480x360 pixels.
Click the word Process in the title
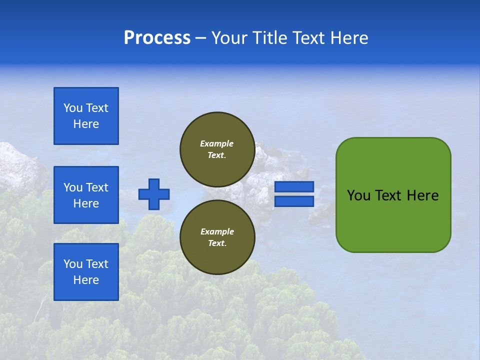(x=157, y=38)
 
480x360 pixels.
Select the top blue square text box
(x=86, y=116)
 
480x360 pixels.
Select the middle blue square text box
(x=86, y=195)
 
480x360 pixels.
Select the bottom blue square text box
(x=86, y=272)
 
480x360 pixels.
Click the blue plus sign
(x=154, y=194)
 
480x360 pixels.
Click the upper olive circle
(x=217, y=149)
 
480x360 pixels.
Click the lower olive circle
(x=217, y=237)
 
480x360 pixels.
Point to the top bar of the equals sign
(x=294, y=187)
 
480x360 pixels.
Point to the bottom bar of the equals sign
(x=294, y=201)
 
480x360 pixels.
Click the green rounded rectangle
(x=393, y=220)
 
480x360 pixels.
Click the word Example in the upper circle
(x=217, y=143)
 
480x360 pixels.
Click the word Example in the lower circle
(x=217, y=231)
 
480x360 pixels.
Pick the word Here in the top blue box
(x=86, y=124)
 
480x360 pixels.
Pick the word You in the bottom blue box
(x=73, y=264)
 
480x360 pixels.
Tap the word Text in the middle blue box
(x=96, y=187)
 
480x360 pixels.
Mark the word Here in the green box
(x=422, y=195)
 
